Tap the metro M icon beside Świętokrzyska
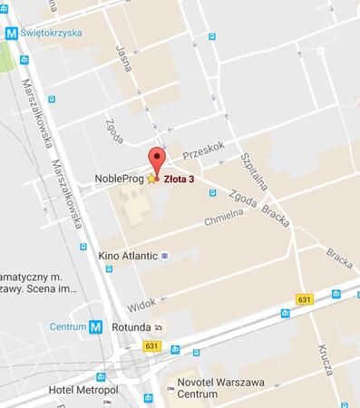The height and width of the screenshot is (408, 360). click(x=12, y=33)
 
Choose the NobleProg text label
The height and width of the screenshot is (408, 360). click(x=120, y=179)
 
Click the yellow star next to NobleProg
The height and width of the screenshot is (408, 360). click(x=151, y=179)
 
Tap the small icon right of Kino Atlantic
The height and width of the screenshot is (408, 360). click(x=164, y=257)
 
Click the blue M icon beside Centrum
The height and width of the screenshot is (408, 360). click(x=96, y=327)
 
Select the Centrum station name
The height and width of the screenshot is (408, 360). click(x=68, y=327)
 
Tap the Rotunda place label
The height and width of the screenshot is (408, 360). click(x=131, y=327)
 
